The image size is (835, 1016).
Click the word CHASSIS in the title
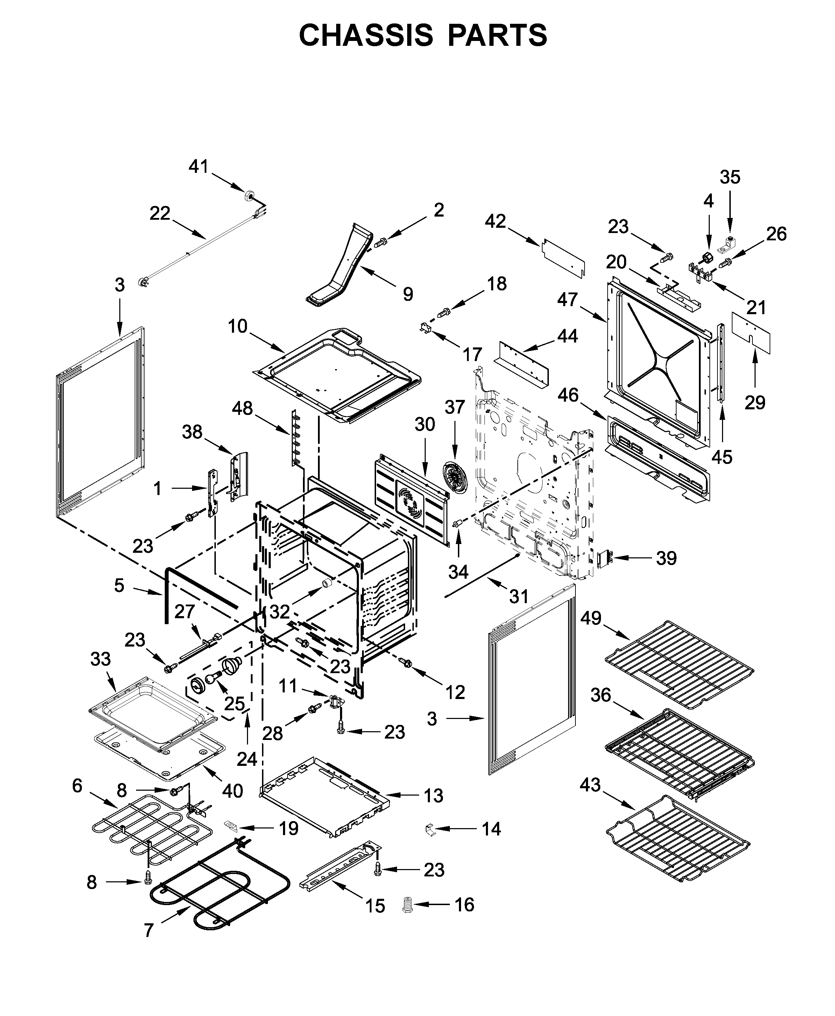pos(366,35)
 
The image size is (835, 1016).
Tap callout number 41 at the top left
pos(198,167)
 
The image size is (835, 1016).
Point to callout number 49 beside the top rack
pos(590,618)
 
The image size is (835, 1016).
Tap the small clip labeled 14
pos(430,829)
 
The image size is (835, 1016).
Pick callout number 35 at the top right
pos(730,177)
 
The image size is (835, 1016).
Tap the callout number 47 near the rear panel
pos(567,299)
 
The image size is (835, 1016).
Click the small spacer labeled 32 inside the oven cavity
pos(328,584)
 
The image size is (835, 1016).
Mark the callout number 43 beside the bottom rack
pos(590,785)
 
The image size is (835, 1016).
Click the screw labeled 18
pos(444,313)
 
